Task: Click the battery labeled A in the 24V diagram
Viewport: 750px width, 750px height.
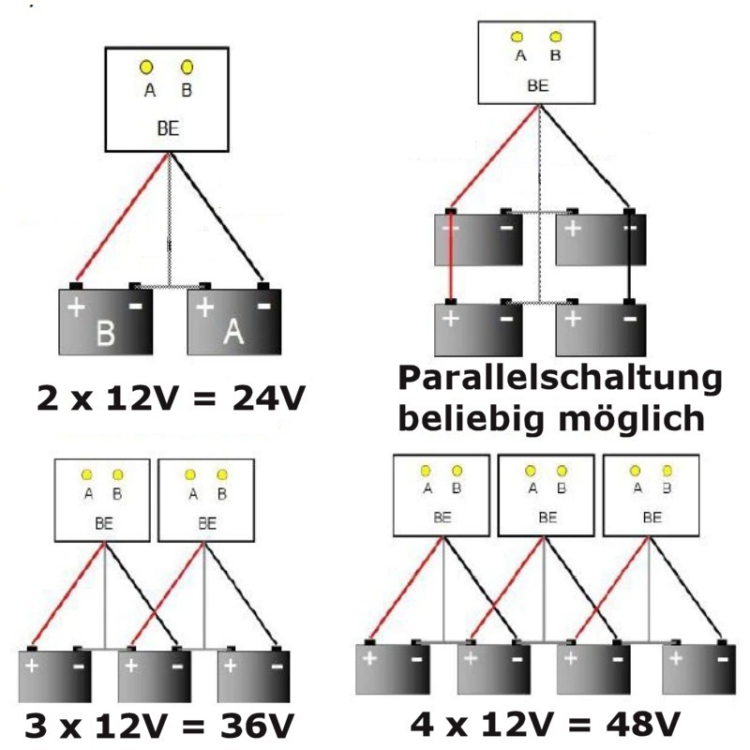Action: [x=234, y=323]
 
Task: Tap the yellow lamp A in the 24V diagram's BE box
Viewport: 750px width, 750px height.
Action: [x=147, y=67]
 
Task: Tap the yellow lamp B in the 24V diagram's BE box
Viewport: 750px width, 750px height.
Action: [x=187, y=67]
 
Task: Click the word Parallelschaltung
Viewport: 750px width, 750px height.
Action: [x=560, y=380]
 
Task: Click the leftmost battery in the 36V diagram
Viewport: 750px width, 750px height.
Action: [x=54, y=676]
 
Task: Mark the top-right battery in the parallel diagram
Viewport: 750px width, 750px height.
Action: [x=600, y=239]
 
